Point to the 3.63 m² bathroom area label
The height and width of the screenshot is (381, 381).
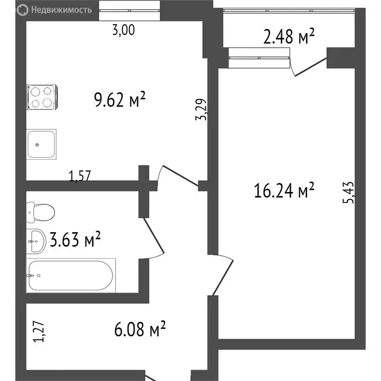tap(75, 241)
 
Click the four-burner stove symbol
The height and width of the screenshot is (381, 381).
tap(42, 97)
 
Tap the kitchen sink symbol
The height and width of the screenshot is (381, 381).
tap(41, 144)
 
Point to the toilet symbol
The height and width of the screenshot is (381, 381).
tap(40, 213)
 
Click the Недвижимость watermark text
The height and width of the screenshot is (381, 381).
tap(54, 9)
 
